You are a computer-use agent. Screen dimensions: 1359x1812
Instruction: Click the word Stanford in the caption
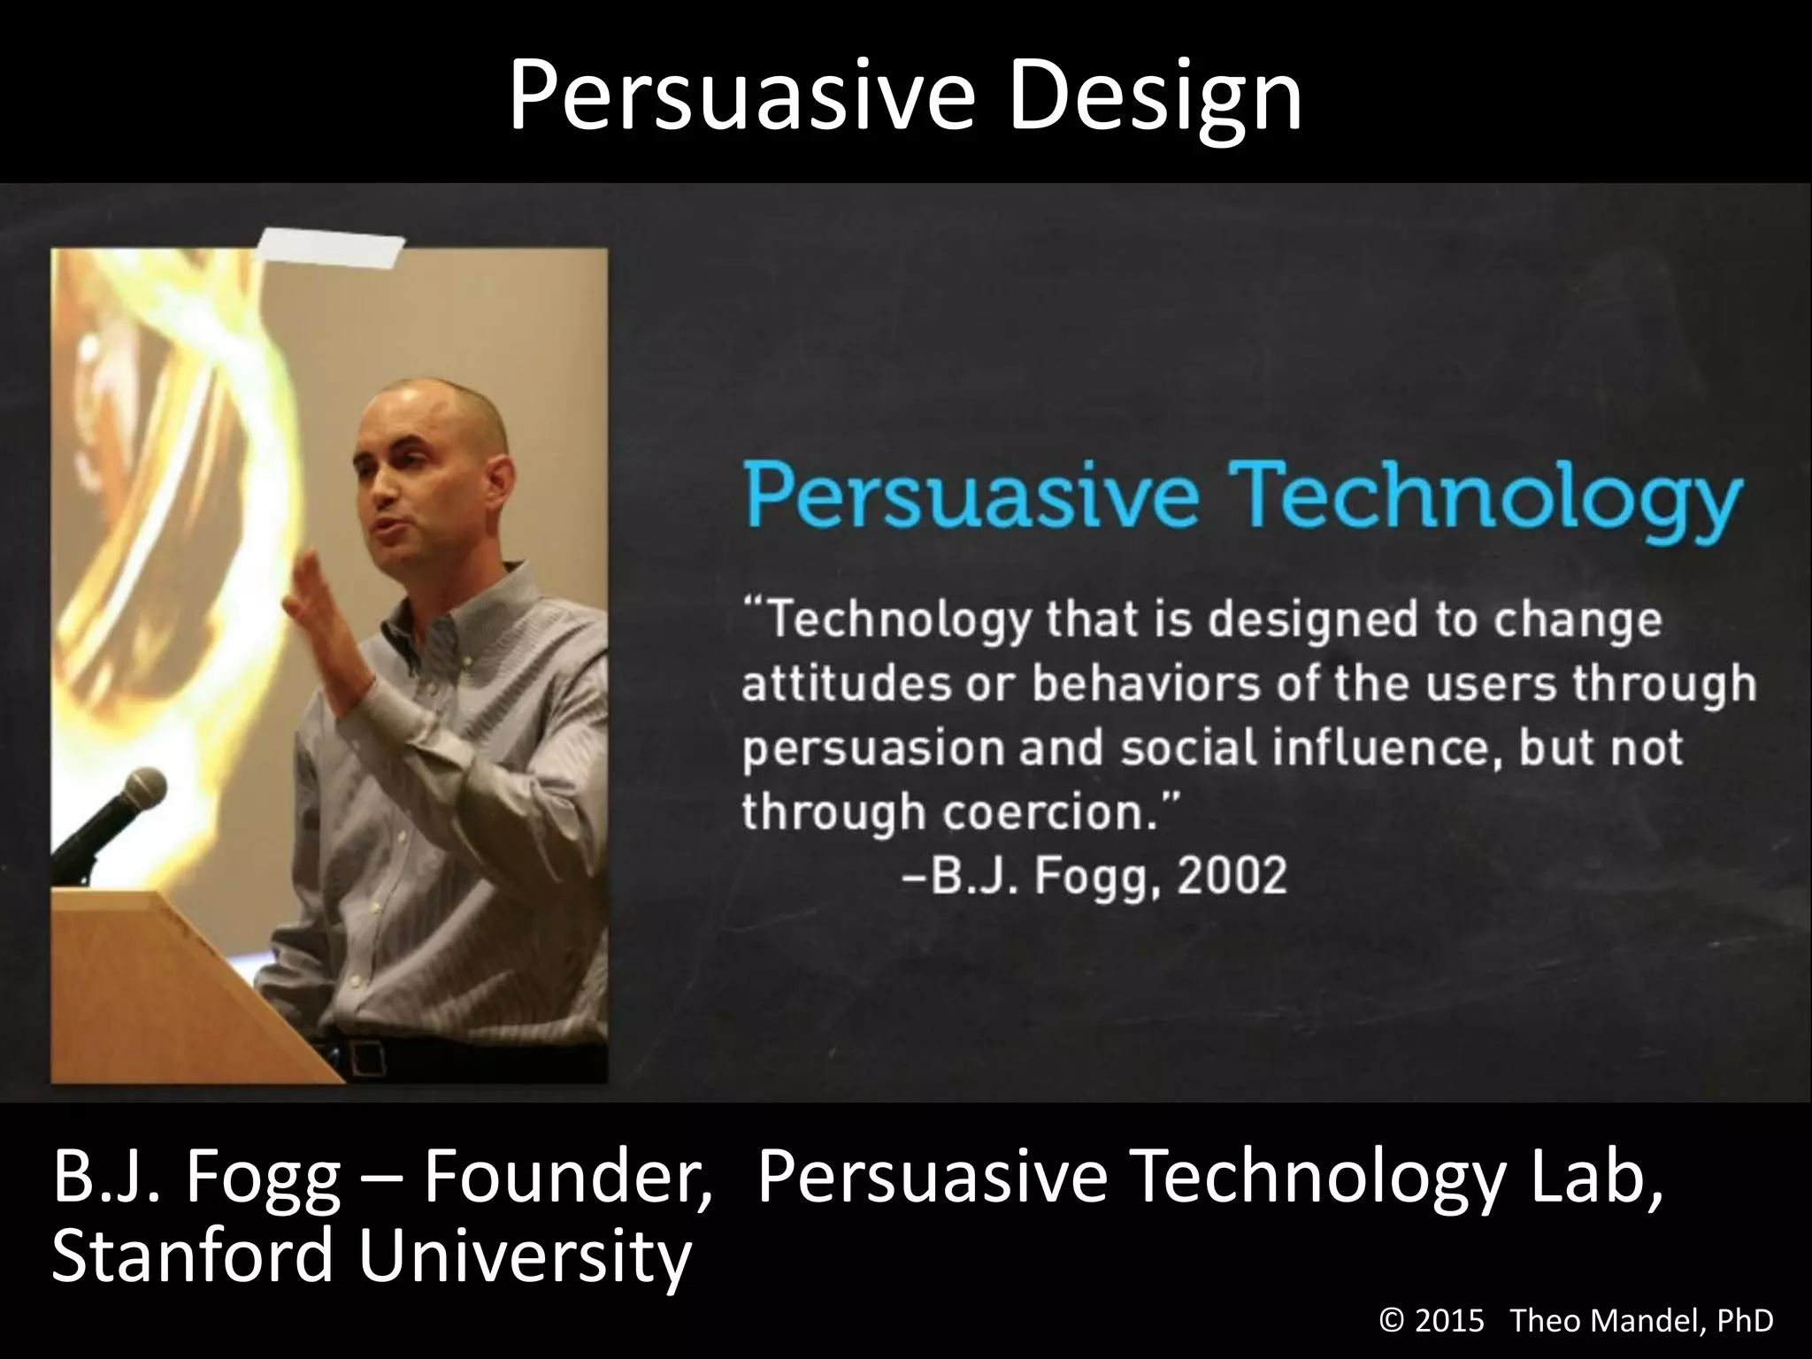pos(190,1256)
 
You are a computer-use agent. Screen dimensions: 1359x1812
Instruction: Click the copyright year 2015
pos(1448,1321)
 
